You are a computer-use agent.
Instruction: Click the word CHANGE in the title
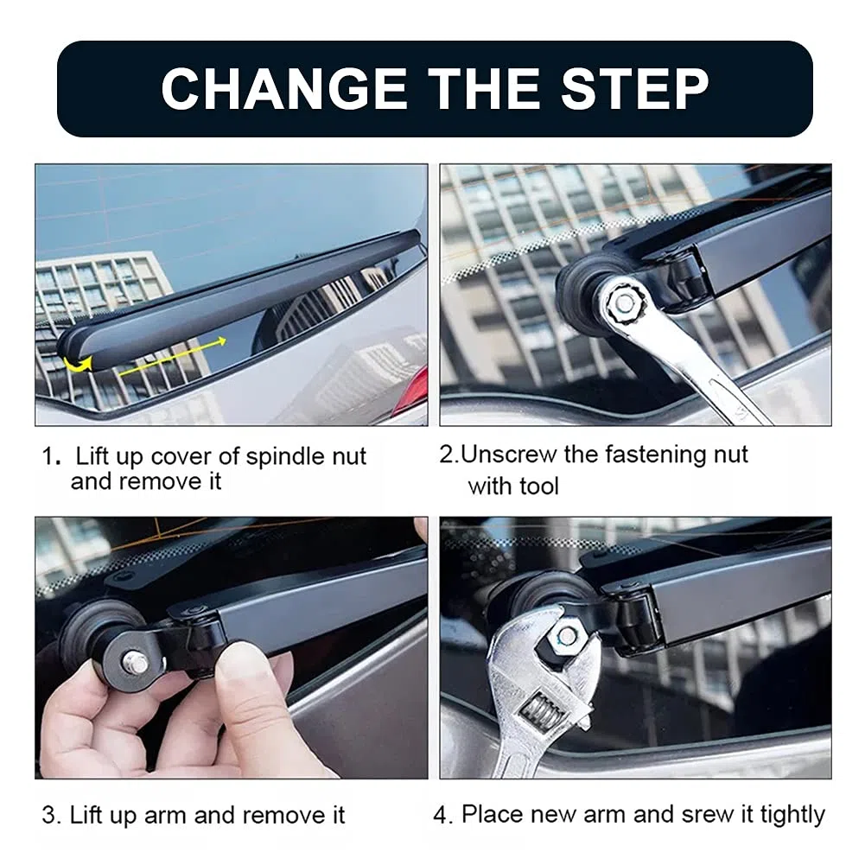point(284,89)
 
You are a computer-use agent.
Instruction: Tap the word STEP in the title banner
point(635,89)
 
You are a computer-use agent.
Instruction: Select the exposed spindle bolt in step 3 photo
point(136,661)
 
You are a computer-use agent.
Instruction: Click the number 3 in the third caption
point(48,816)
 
